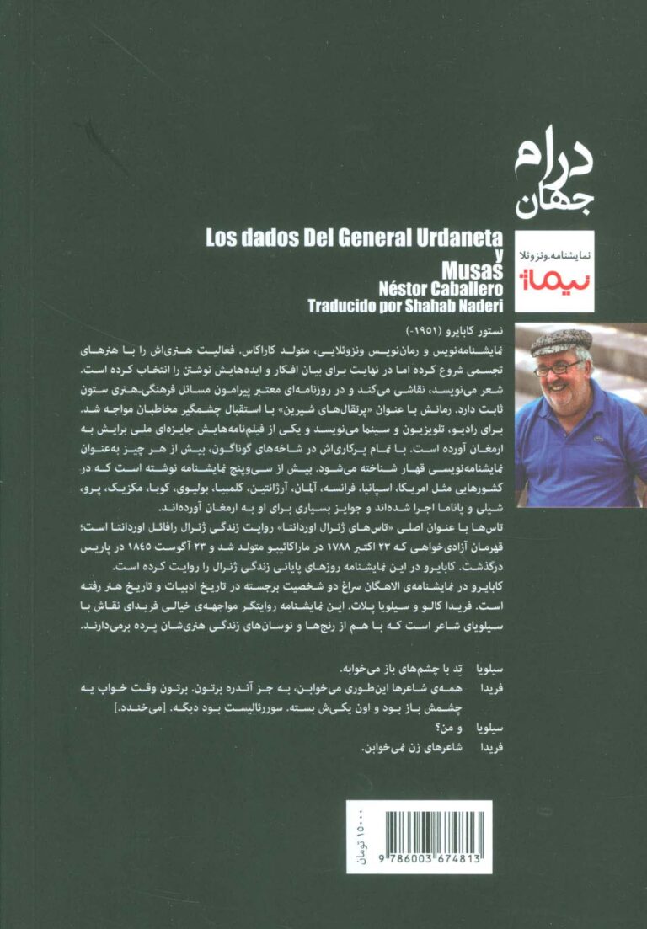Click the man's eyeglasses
pos(556,367)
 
